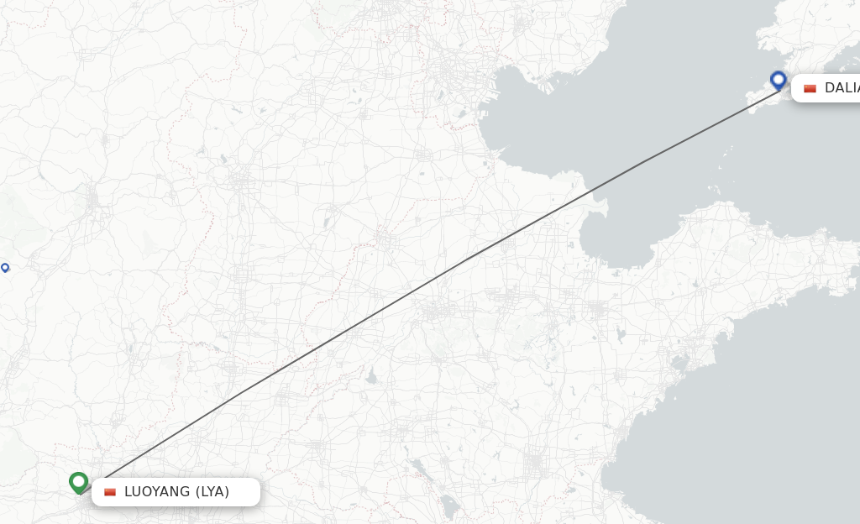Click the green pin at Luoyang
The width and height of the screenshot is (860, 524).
pos(79,481)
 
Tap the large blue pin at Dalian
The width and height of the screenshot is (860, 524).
pos(779,80)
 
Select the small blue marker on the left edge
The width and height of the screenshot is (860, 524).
pos(5,267)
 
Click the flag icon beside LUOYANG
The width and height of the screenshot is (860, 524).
pos(110,492)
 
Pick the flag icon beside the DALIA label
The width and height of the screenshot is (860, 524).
pos(810,88)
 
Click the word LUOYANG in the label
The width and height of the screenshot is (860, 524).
pos(157,492)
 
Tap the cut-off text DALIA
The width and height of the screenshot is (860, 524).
pos(842,88)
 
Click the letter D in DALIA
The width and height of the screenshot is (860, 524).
pos(829,88)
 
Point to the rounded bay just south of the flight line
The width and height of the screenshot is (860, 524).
pos(617,244)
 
